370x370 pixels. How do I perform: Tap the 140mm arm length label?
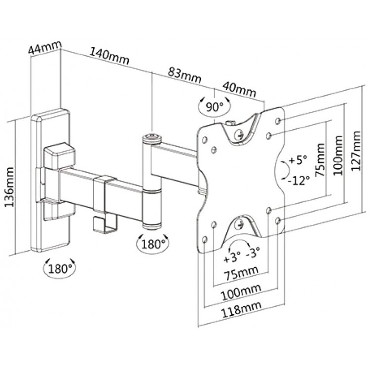[109, 56]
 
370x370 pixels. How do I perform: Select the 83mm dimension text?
[185, 75]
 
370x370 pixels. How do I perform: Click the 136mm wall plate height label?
[10, 187]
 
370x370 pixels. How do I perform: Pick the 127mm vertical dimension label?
[356, 151]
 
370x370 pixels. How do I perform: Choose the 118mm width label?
[241, 309]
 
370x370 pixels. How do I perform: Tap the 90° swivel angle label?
[214, 108]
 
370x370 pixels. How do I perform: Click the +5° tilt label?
[298, 160]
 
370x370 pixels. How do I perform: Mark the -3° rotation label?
[253, 253]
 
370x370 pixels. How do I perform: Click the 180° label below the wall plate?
[60, 269]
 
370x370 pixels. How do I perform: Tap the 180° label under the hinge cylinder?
[153, 244]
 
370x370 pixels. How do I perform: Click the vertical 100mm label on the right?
[338, 155]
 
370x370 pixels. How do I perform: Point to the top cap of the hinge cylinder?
[152, 138]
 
